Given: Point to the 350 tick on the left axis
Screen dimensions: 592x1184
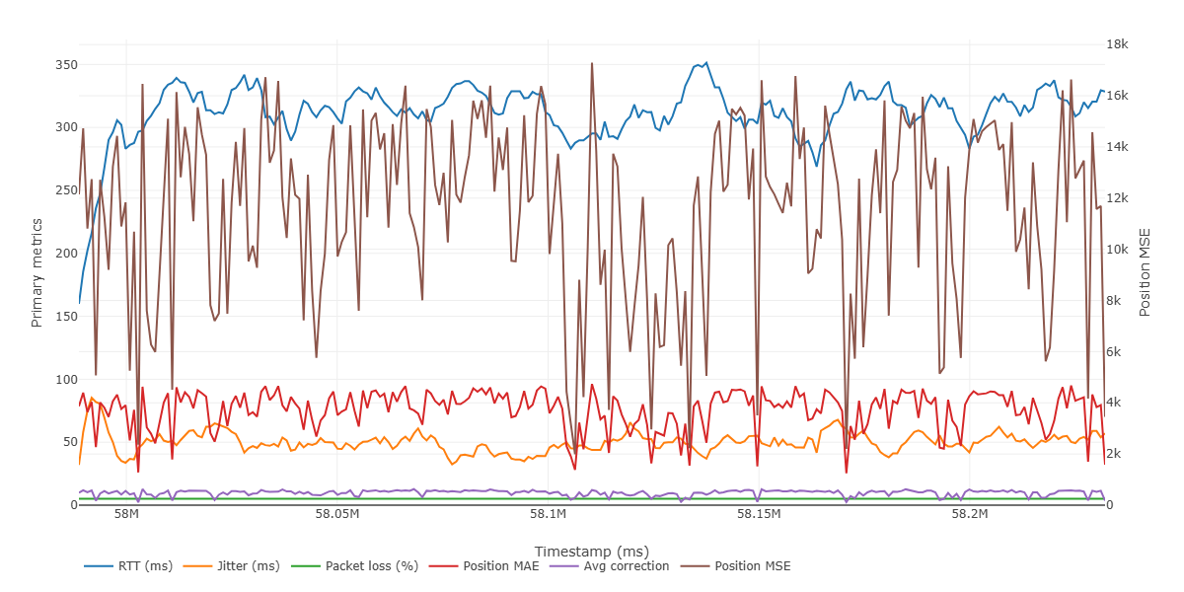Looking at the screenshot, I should tap(65, 65).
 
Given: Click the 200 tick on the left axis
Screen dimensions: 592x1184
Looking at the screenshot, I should tap(65, 254).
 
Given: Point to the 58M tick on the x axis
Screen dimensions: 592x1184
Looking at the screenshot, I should tap(126, 515).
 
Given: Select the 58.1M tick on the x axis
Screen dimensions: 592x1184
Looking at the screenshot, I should tap(548, 515).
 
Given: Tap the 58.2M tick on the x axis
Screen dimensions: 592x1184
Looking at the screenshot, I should tap(970, 515).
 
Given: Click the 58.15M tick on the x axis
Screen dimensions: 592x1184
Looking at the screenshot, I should tap(759, 515).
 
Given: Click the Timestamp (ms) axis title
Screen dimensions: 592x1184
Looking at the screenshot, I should tap(591, 551).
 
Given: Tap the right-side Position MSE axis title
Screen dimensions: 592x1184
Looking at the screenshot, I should tap(1146, 272).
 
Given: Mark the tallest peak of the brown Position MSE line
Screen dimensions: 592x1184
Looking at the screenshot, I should tap(592, 63).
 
